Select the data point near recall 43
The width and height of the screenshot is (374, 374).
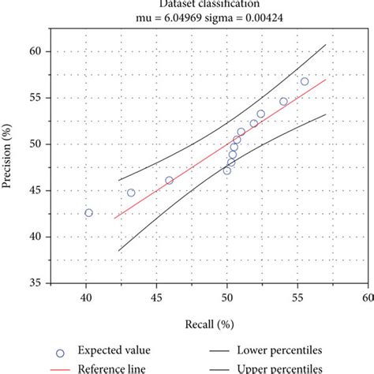[131, 193]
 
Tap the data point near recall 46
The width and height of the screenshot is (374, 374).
[169, 181]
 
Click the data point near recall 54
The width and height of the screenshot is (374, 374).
[283, 102]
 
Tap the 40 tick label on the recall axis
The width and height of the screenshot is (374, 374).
[86, 297]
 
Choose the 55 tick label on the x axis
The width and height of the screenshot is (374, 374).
[297, 297]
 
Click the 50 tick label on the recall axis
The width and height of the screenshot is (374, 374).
[227, 297]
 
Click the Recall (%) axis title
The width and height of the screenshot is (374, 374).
[209, 324]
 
